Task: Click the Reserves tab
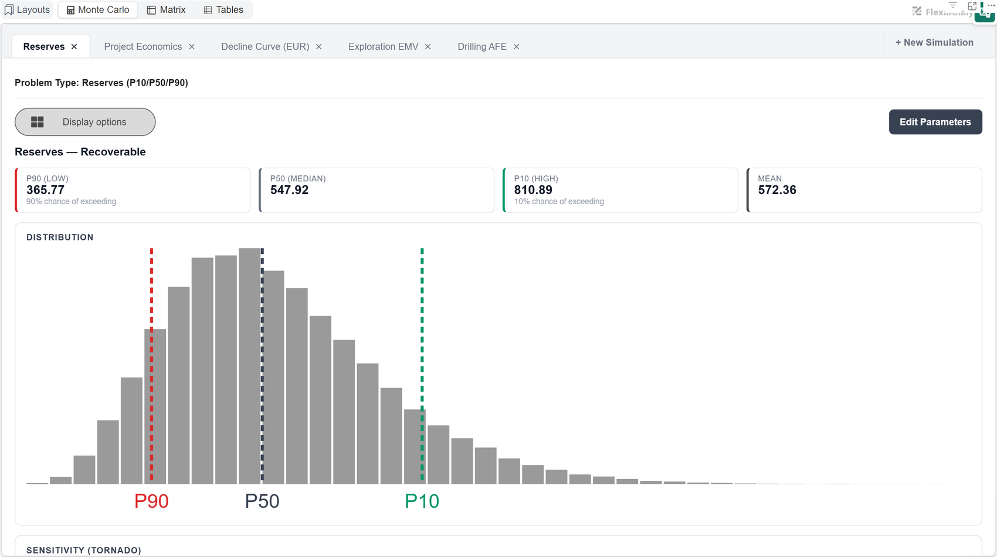pyautogui.click(x=43, y=47)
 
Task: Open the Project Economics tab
pyautogui.click(x=143, y=47)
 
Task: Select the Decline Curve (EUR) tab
pyautogui.click(x=265, y=47)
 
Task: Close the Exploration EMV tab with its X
pyautogui.click(x=428, y=47)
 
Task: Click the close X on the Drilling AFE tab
pyautogui.click(x=516, y=47)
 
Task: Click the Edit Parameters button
pyautogui.click(x=935, y=122)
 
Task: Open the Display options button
pyautogui.click(x=85, y=122)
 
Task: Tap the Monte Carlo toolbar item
pyautogui.click(x=97, y=10)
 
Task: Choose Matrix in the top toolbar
pyautogui.click(x=166, y=10)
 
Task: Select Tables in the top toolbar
pyautogui.click(x=223, y=10)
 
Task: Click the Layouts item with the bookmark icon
pyautogui.click(x=27, y=10)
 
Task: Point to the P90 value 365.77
pyautogui.click(x=45, y=190)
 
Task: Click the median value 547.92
pyautogui.click(x=289, y=190)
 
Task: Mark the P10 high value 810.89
pyautogui.click(x=533, y=190)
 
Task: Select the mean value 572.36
pyautogui.click(x=777, y=190)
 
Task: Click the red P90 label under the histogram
pyautogui.click(x=151, y=501)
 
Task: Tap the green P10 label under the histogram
pyautogui.click(x=422, y=501)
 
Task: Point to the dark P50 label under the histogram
pyautogui.click(x=262, y=501)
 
